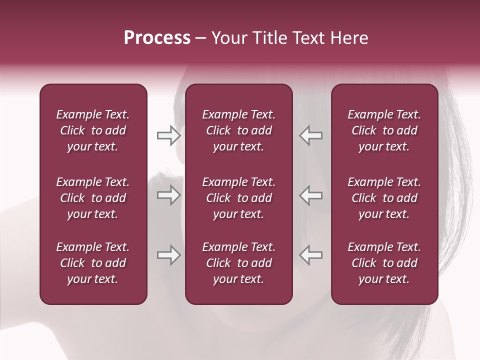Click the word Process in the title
pyautogui.click(x=157, y=38)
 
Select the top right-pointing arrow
pyautogui.click(x=168, y=135)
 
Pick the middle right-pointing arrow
pyautogui.click(x=168, y=195)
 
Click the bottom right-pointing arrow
pyautogui.click(x=168, y=255)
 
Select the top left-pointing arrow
pyautogui.click(x=311, y=135)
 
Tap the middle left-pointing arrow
pyautogui.click(x=311, y=195)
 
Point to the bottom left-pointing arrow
pyautogui.click(x=311, y=255)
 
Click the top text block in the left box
pyautogui.click(x=93, y=130)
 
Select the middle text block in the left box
pyautogui.click(x=93, y=198)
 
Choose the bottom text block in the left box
pyautogui.click(x=93, y=263)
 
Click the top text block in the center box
pyautogui.click(x=238, y=130)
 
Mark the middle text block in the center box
pyautogui.click(x=238, y=198)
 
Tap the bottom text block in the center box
pyautogui.click(x=238, y=263)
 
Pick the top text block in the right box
pyautogui.click(x=384, y=130)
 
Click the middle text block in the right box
pyautogui.click(x=384, y=198)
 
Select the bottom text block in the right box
pyautogui.click(x=384, y=263)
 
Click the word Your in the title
pyautogui.click(x=227, y=38)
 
